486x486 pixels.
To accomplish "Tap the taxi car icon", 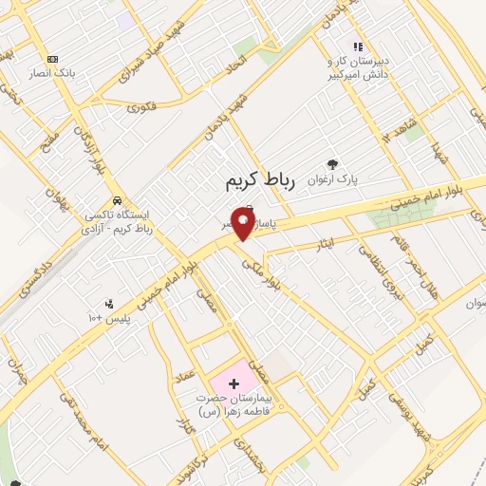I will coord(116,200).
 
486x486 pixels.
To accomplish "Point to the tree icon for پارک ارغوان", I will coord(331,163).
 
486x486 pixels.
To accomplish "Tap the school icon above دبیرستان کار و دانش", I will coord(358,46).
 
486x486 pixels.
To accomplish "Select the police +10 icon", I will coord(110,304).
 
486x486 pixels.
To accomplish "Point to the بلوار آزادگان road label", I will coord(91,148).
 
